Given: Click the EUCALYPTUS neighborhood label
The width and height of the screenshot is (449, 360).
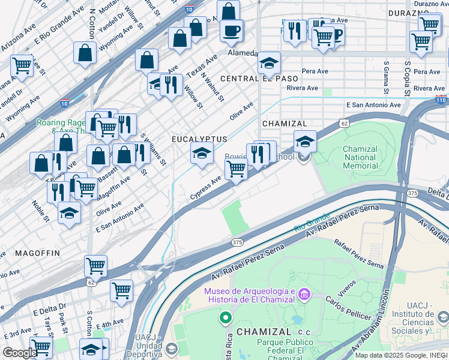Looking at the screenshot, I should pyautogui.click(x=199, y=139).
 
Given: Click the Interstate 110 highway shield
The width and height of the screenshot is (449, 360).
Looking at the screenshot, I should pyautogui.click(x=441, y=99).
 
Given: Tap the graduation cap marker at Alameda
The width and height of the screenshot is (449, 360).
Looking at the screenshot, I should pyautogui.click(x=269, y=63).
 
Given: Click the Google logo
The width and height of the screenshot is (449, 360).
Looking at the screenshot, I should pyautogui.click(x=20, y=353).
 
